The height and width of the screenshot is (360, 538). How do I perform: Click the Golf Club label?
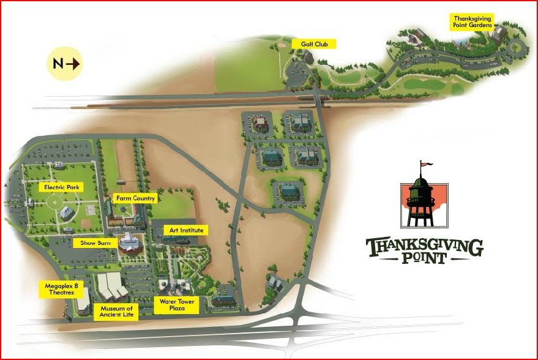(x=314, y=44)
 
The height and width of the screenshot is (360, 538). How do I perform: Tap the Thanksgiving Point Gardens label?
(x=473, y=22)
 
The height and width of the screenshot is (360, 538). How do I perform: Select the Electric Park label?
(x=59, y=187)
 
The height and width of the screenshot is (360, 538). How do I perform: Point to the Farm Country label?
(x=136, y=198)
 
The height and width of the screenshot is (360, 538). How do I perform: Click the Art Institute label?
(x=187, y=230)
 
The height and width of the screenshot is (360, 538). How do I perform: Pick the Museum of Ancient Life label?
(x=116, y=312)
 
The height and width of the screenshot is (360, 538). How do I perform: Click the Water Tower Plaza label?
(x=176, y=305)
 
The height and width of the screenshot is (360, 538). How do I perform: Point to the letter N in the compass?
(x=58, y=63)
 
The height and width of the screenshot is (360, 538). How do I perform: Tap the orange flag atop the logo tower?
(x=425, y=164)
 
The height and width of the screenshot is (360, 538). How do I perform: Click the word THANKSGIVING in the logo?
(x=424, y=246)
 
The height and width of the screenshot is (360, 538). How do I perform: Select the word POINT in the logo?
(x=424, y=258)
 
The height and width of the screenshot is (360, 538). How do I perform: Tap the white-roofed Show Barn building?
(x=130, y=243)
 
